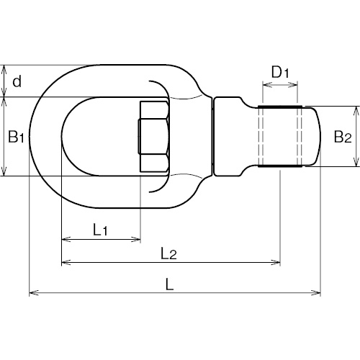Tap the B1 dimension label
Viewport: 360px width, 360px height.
tap(16, 137)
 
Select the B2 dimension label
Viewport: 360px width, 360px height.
tap(343, 137)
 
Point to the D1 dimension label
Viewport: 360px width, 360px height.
tap(280, 72)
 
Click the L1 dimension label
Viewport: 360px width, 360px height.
tap(100, 229)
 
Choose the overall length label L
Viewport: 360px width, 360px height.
tap(169, 284)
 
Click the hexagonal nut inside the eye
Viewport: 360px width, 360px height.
tap(154, 137)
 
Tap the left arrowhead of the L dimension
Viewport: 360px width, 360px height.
tap(34, 293)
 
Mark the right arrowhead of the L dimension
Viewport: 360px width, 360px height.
tap(316, 293)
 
